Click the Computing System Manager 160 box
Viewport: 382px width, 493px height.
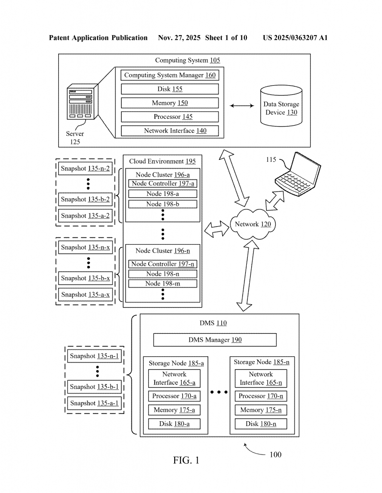click(170, 75)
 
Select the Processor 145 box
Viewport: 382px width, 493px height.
click(170, 117)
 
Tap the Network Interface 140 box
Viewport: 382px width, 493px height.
click(170, 131)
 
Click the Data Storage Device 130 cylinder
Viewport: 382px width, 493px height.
click(281, 105)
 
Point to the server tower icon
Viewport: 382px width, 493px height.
click(82, 102)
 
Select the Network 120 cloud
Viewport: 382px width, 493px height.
click(253, 224)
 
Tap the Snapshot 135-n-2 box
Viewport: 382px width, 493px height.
click(86, 169)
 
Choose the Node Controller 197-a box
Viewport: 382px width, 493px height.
click(163, 183)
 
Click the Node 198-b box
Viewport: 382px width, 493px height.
click(163, 204)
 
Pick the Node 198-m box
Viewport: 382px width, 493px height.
click(163, 284)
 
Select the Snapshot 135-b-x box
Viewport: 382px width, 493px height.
click(86, 278)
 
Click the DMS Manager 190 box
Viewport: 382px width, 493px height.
click(215, 340)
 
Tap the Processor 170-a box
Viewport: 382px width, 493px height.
click(174, 396)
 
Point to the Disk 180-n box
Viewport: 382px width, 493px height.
click(261, 424)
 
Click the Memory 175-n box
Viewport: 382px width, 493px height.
click(261, 410)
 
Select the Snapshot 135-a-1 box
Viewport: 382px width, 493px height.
click(94, 403)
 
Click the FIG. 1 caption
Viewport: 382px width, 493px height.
click(186, 460)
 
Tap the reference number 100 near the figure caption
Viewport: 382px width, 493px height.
click(276, 454)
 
